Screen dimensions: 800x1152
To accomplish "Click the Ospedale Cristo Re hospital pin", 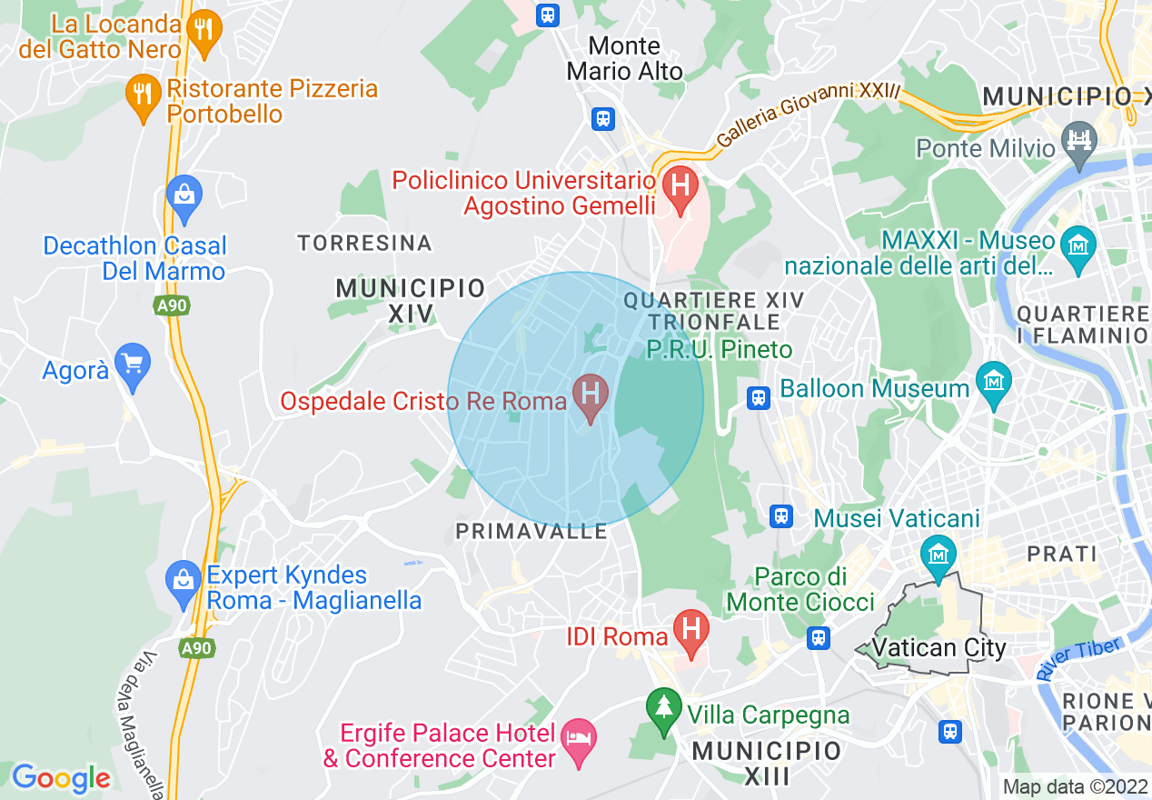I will (591, 395).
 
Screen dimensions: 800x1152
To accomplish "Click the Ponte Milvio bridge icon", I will (1081, 141).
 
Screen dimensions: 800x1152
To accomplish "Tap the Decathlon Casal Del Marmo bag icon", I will (184, 195).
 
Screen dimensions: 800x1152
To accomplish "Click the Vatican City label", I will (938, 648).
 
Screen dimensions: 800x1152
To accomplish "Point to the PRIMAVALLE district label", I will (531, 532).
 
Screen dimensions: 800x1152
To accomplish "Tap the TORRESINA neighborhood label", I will (365, 244).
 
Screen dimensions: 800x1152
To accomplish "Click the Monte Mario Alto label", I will (625, 58).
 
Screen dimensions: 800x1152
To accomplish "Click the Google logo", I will (61, 778).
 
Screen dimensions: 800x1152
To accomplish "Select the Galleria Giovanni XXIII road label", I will (808, 115).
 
